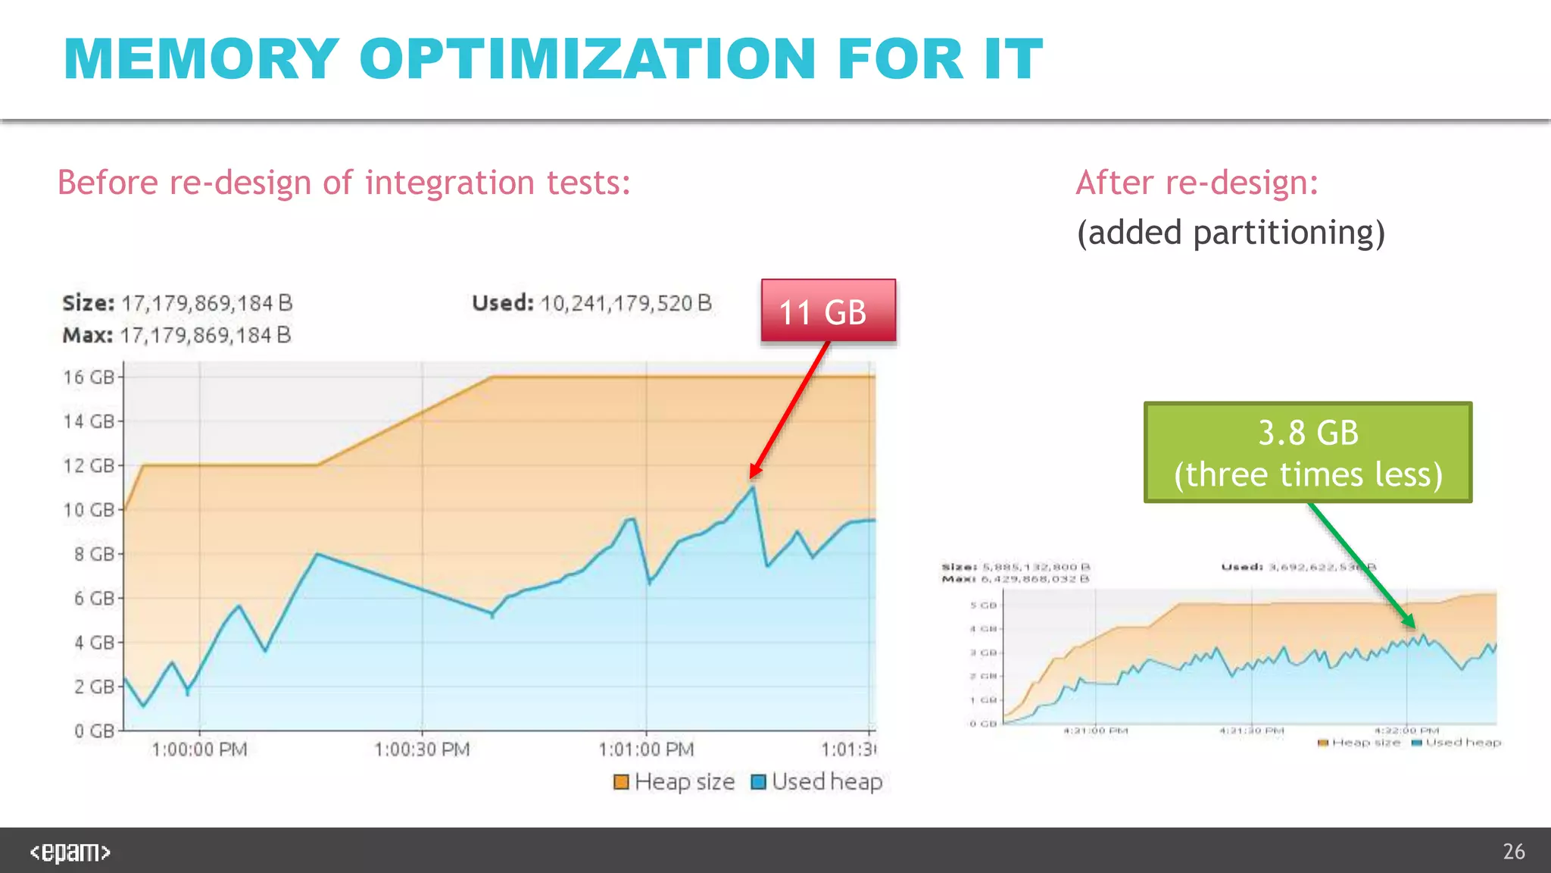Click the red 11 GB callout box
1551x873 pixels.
[828, 311]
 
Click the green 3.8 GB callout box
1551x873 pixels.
[1307, 452]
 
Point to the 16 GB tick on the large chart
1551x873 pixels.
[89, 377]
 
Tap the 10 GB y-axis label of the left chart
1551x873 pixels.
[89, 510]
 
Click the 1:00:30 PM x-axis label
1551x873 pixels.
[422, 749]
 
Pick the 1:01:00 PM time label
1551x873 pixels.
[646, 749]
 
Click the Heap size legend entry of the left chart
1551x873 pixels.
[674, 781]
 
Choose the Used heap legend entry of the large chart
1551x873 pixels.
[817, 781]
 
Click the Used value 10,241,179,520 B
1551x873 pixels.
[626, 303]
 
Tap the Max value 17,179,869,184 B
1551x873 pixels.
[205, 335]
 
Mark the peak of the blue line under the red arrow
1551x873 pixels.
[752, 487]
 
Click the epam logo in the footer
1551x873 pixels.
[70, 852]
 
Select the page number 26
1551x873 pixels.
[1513, 852]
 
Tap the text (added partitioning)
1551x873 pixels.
[1231, 233]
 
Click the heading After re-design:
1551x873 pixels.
[1197, 183]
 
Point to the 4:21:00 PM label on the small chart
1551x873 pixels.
[1095, 731]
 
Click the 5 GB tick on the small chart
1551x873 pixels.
[983, 605]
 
